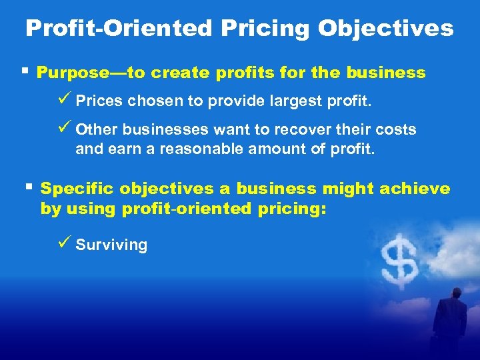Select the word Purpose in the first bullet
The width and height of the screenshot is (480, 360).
67,73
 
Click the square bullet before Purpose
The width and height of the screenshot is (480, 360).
25,71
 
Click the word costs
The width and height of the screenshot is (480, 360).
396,129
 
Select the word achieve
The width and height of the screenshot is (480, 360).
415,189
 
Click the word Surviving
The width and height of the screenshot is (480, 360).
111,245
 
